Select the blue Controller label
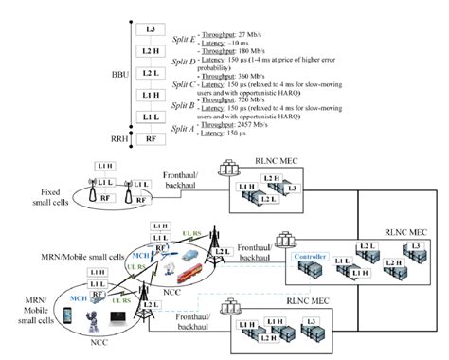tap(311, 255)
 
